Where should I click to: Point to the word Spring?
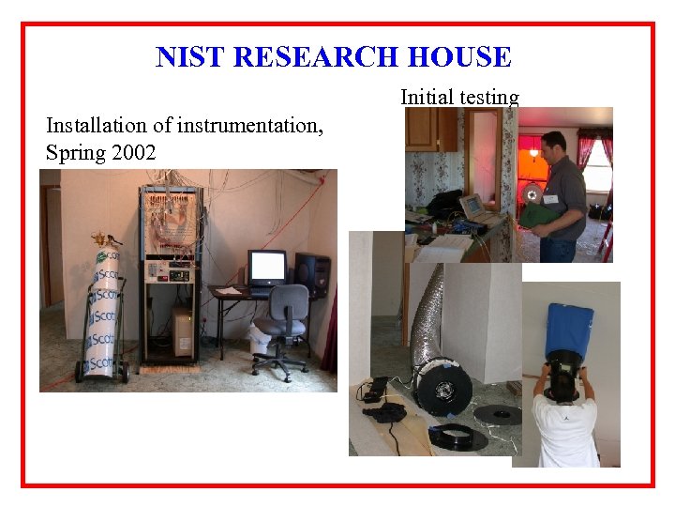(72, 152)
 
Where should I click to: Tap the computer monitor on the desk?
(266, 267)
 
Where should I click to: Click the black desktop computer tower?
(311, 274)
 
